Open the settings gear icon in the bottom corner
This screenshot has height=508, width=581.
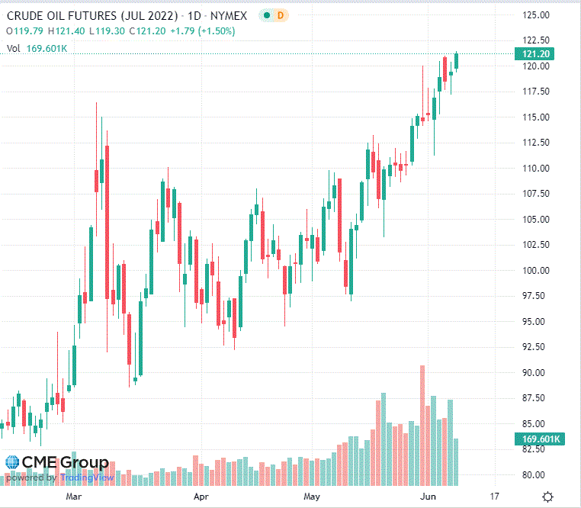(547, 497)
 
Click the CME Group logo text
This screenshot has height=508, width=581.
(65, 462)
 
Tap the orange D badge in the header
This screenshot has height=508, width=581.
(280, 15)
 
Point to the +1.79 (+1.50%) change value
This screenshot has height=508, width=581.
(206, 31)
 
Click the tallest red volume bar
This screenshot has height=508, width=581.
(422, 425)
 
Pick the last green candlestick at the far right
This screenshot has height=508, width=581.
(457, 61)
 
